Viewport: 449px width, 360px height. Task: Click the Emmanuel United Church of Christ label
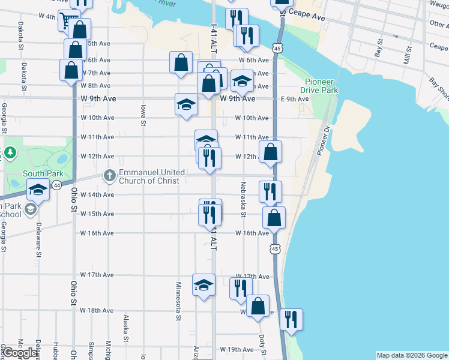click(152, 176)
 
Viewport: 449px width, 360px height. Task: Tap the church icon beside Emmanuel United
click(109, 176)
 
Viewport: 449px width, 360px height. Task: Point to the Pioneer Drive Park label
click(321, 86)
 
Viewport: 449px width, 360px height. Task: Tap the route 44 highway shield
click(56, 186)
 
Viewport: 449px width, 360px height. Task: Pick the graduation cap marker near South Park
click(37, 191)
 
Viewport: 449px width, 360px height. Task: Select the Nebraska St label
click(244, 199)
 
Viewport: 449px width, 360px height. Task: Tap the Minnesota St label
click(178, 301)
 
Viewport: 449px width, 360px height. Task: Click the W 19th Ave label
click(237, 349)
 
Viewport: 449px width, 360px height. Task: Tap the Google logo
click(20, 353)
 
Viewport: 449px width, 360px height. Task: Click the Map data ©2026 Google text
click(412, 355)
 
